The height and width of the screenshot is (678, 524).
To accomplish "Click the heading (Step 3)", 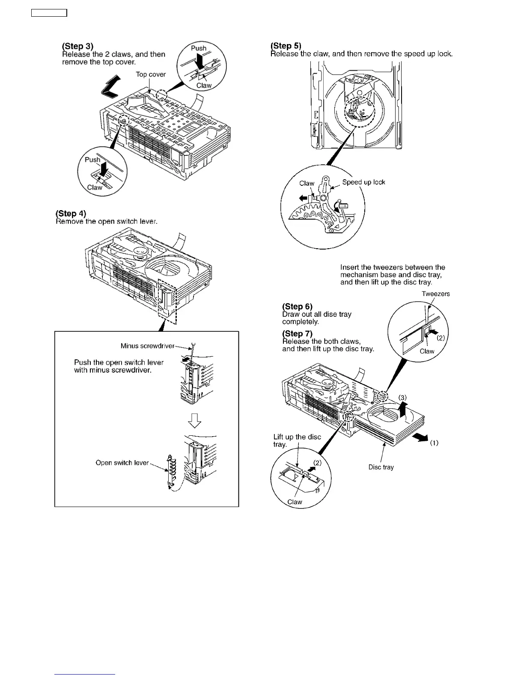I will (x=77, y=46).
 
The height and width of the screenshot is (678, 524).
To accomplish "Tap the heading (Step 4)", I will (x=71, y=214).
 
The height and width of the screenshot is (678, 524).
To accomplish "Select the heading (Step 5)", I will (x=286, y=46).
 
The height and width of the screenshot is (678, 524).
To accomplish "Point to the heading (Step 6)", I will (x=297, y=306).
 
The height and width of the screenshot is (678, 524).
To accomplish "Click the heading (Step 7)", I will (x=297, y=333).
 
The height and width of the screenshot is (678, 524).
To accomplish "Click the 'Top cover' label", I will (x=151, y=74).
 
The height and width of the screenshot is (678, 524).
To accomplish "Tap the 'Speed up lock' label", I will (x=363, y=182).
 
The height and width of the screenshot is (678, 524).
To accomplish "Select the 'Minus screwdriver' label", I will (x=147, y=346).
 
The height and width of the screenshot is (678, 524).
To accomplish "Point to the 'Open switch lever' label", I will (x=122, y=463).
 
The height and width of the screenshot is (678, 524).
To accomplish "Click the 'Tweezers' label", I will (x=435, y=294).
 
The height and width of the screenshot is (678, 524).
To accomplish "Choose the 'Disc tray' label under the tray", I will (x=381, y=467).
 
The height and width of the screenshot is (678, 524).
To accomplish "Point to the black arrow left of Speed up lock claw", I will (x=303, y=198).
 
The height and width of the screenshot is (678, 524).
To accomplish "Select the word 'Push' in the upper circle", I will (x=199, y=48).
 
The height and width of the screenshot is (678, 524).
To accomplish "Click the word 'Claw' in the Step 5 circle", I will (x=307, y=183).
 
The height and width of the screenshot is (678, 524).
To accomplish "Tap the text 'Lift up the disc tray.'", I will (x=297, y=440).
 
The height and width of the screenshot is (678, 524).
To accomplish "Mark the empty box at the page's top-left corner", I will (x=49, y=13).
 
